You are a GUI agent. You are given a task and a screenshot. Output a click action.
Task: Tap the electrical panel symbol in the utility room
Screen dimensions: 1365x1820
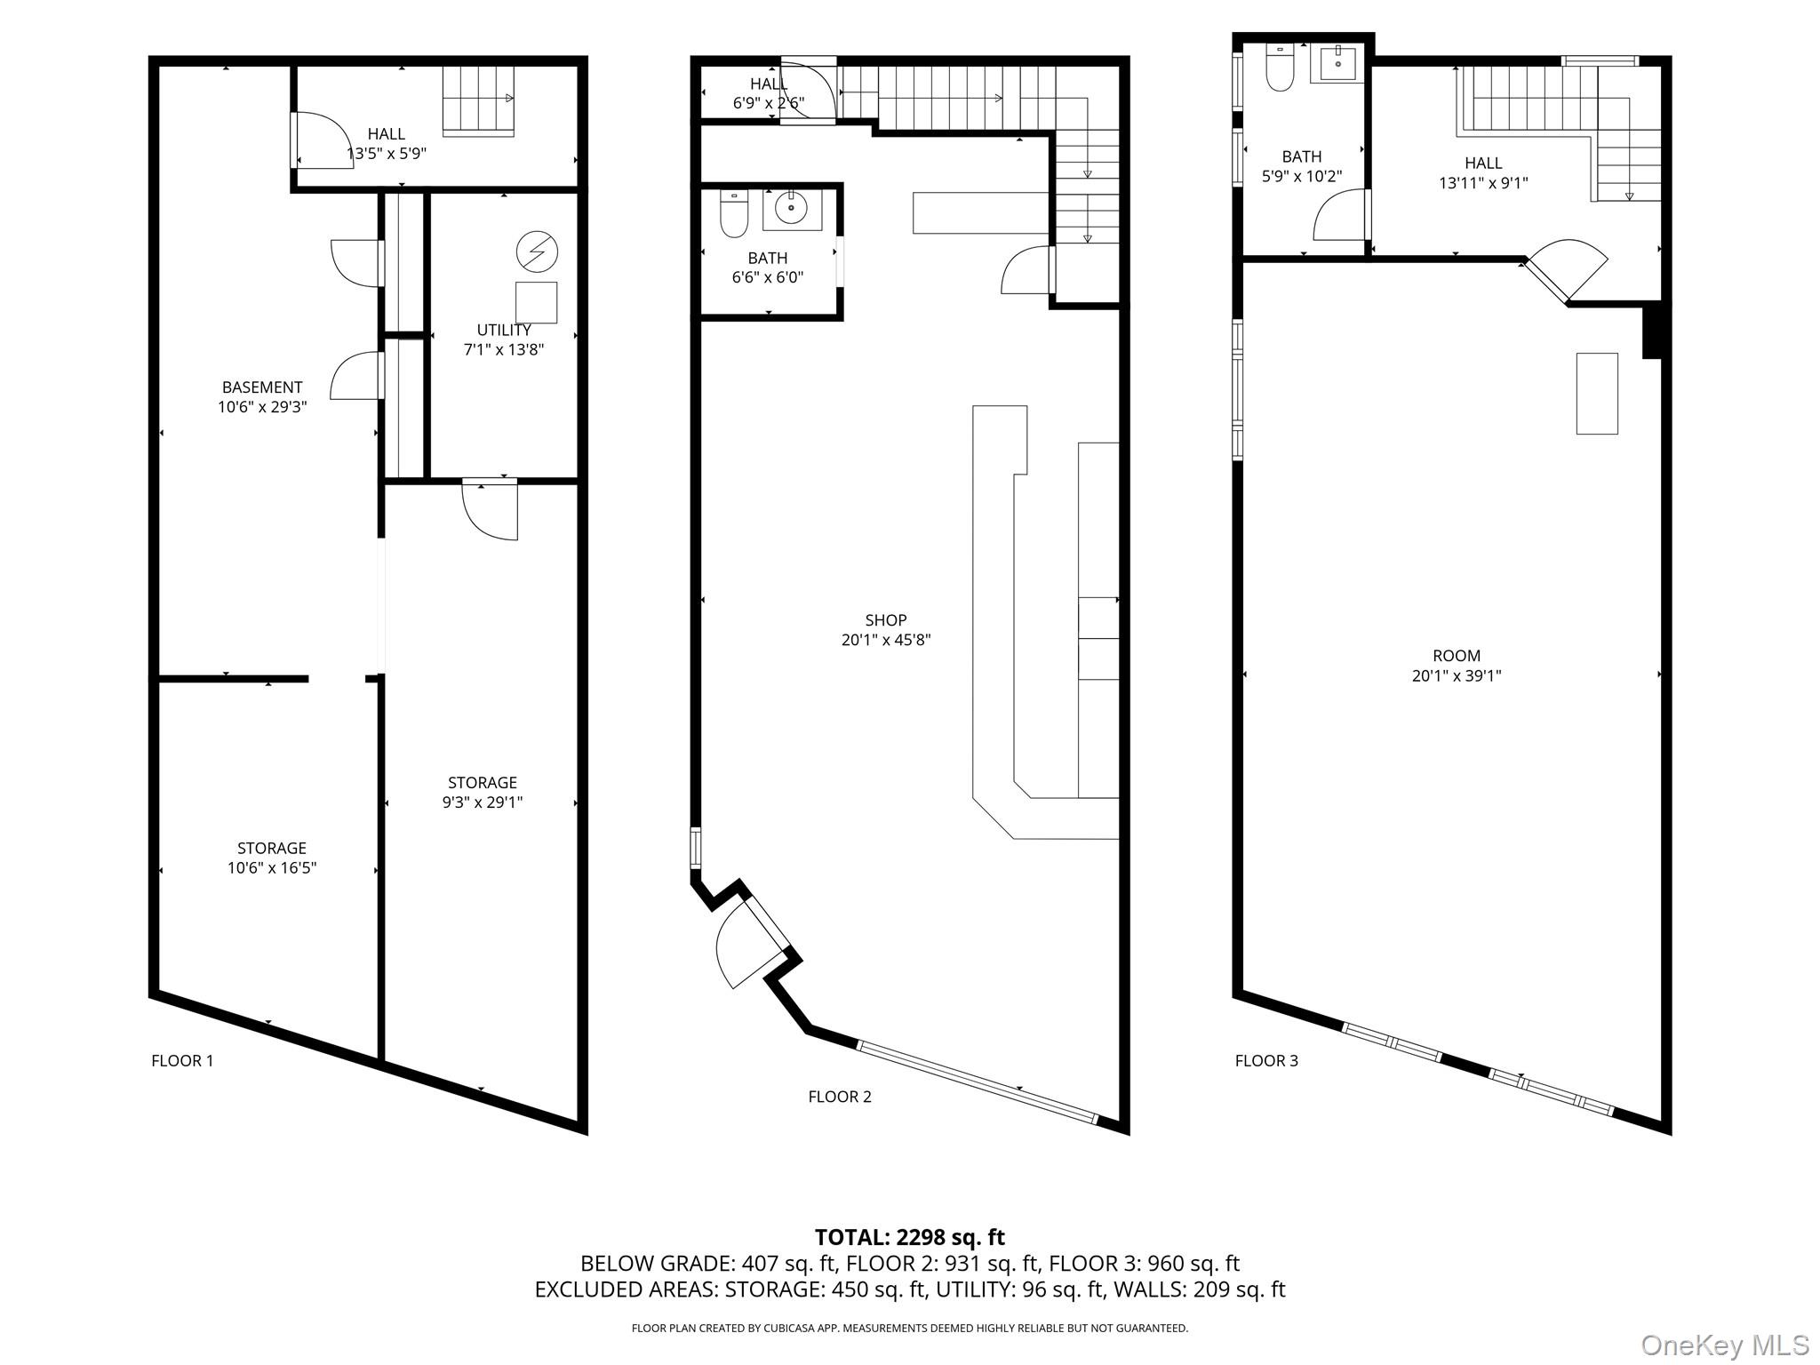click(x=537, y=252)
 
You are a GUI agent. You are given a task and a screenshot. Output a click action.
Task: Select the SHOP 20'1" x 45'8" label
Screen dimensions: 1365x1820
click(x=885, y=629)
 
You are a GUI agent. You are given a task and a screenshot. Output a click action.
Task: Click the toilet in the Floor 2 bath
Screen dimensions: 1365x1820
click(x=734, y=214)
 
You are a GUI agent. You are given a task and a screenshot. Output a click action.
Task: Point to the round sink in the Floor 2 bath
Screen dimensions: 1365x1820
click(x=791, y=209)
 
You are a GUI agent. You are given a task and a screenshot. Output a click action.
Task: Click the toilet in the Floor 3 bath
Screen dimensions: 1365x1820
click(x=1280, y=68)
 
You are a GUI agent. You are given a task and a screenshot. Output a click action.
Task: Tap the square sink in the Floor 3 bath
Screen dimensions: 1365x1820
click(x=1337, y=63)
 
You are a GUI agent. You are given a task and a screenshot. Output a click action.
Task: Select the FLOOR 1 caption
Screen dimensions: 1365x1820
click(x=182, y=1060)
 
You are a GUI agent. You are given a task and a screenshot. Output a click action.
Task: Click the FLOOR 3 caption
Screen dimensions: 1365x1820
click(x=1266, y=1060)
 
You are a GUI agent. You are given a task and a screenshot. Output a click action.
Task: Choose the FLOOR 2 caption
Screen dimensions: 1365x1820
click(x=840, y=1097)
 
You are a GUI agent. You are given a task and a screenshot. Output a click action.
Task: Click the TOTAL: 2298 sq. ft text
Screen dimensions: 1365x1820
click(x=909, y=1237)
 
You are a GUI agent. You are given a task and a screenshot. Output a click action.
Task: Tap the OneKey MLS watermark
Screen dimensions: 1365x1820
click(x=1724, y=1345)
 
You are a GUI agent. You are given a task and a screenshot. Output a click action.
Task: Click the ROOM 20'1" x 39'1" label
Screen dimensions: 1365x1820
click(x=1457, y=665)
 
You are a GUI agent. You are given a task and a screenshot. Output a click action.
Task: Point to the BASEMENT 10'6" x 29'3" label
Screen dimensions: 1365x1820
click(x=262, y=396)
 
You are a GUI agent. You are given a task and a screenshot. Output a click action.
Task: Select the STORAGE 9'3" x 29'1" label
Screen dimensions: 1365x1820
click(x=483, y=792)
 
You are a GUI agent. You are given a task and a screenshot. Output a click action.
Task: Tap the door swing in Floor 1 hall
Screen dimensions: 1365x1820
click(x=322, y=139)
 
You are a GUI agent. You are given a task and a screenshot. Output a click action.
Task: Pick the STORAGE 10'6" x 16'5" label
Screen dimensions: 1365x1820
click(x=272, y=858)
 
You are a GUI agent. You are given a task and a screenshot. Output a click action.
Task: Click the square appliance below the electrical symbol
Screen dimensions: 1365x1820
click(x=536, y=302)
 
